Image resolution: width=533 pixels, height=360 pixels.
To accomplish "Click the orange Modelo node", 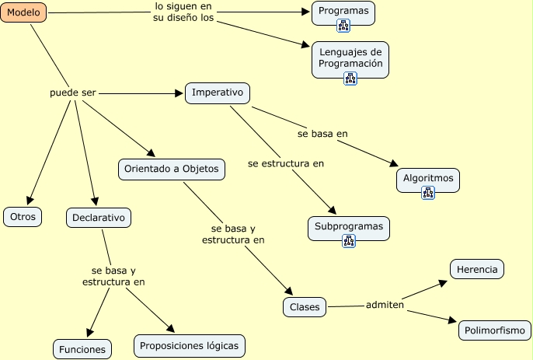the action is (23, 12).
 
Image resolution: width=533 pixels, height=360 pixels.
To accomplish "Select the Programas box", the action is (343, 13).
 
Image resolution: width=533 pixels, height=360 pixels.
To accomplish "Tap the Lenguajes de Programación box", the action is (350, 60).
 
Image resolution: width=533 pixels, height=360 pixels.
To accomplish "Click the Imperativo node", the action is (218, 93).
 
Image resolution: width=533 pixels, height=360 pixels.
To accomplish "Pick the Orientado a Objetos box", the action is (172, 169).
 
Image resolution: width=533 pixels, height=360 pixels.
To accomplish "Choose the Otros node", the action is (23, 217).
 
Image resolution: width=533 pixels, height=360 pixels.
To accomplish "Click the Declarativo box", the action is (99, 218).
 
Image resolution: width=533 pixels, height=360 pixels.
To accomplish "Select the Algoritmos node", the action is (428, 180).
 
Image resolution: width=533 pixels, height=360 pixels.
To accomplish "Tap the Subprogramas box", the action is (349, 229).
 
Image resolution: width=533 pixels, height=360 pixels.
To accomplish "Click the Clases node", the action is (305, 307).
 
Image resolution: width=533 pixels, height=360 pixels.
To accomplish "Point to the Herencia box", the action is (477, 269).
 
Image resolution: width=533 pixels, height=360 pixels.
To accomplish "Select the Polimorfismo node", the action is (495, 330).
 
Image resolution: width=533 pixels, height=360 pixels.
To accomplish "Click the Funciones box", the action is (82, 349).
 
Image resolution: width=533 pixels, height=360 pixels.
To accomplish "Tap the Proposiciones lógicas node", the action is (190, 346).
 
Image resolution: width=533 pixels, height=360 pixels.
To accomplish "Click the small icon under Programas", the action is (343, 26).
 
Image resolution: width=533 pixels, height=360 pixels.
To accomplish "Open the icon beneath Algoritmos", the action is (428, 193).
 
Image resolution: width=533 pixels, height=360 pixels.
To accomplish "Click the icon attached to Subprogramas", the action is (349, 241).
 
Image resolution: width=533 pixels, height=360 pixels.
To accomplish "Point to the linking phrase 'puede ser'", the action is (73, 93).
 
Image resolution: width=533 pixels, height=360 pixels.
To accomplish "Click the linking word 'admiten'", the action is (385, 305).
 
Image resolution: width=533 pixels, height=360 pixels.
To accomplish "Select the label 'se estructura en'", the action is (286, 163).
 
